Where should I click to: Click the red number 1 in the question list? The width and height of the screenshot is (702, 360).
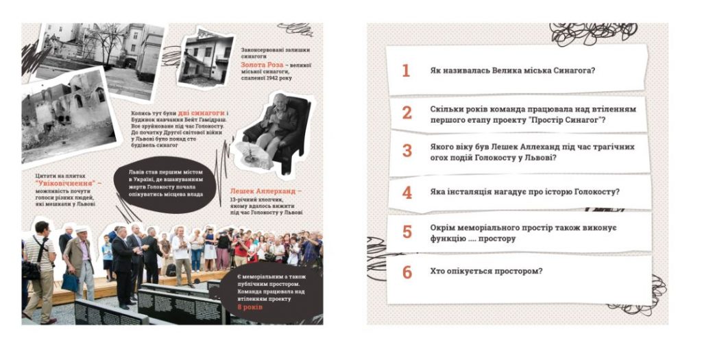coord(406,71)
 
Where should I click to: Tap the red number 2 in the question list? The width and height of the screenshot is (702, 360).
coord(407,113)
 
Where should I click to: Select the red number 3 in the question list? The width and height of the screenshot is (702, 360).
coord(407,150)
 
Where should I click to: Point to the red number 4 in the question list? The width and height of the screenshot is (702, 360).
coord(407,192)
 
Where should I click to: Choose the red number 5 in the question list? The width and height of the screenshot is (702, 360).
coord(407,232)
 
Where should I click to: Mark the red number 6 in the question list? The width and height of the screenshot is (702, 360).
coord(407,272)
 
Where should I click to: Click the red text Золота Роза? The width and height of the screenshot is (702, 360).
coord(262,65)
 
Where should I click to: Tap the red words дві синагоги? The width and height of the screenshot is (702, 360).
coord(201,113)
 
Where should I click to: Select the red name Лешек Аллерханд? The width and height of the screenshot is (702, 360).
coord(265,191)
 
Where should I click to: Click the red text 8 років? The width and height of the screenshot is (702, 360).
coord(250,307)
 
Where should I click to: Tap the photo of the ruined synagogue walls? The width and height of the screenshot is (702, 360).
coord(67,117)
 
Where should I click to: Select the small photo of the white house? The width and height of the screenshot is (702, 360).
coord(206,59)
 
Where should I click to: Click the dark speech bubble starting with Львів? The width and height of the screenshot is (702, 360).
coord(165,184)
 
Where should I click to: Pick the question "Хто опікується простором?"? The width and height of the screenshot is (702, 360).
coord(486,272)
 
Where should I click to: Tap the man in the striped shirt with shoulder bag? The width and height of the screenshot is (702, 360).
coord(41,272)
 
